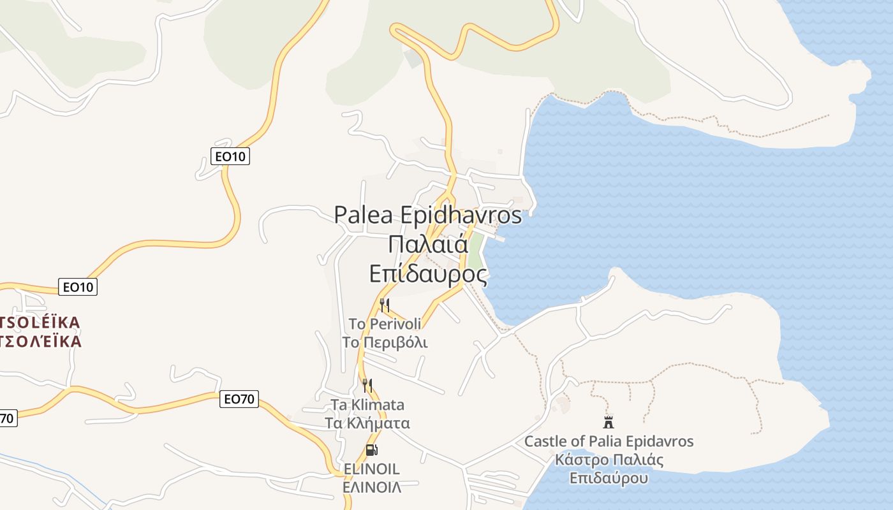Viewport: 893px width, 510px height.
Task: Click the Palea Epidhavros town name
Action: [428, 215]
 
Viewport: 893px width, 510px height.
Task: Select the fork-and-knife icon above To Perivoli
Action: [384, 305]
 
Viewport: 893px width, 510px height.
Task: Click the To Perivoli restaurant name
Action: [385, 324]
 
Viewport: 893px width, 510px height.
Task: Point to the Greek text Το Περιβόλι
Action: [385, 342]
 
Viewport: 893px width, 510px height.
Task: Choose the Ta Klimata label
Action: [367, 405]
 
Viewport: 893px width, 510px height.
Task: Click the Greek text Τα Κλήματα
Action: [367, 423]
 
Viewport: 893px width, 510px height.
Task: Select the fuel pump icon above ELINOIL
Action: [371, 450]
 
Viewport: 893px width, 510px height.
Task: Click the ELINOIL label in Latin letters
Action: [372, 469]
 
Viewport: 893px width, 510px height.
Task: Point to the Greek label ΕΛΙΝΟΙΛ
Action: [372, 488]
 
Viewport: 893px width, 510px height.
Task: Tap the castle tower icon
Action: [609, 422]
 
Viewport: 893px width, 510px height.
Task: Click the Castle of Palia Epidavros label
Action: [609, 441]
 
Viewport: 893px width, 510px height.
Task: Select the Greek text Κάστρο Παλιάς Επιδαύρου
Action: [609, 469]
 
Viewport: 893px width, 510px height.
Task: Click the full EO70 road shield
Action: [240, 400]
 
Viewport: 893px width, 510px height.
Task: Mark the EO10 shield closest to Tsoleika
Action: [78, 288]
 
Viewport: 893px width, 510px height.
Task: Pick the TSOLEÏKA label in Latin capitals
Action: [41, 323]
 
